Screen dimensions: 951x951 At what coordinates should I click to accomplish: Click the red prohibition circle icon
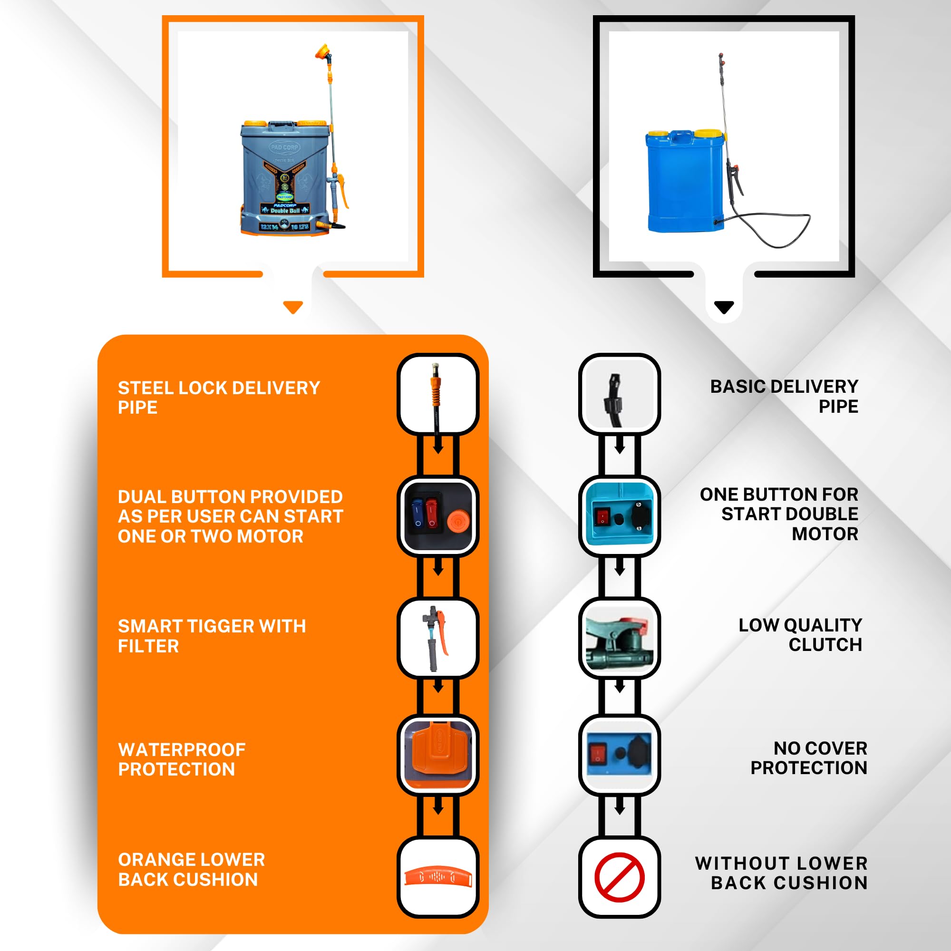[619, 877]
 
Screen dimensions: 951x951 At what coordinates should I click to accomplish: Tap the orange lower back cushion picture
[437, 877]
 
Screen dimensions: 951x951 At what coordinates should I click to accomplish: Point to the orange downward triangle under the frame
[293, 307]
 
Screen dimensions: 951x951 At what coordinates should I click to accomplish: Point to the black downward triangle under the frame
[724, 307]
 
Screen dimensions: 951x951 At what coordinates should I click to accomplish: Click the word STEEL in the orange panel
[146, 388]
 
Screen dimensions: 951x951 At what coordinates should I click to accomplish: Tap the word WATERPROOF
[182, 749]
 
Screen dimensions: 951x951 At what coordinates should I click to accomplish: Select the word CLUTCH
[825, 644]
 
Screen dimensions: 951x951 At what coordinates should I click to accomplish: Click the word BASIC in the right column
[738, 387]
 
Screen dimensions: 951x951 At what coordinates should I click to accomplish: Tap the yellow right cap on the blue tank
[708, 133]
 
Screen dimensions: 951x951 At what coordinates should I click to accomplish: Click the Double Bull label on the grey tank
[285, 210]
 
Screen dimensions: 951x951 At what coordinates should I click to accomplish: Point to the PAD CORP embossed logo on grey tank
[284, 147]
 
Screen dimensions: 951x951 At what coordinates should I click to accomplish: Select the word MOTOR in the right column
[825, 534]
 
